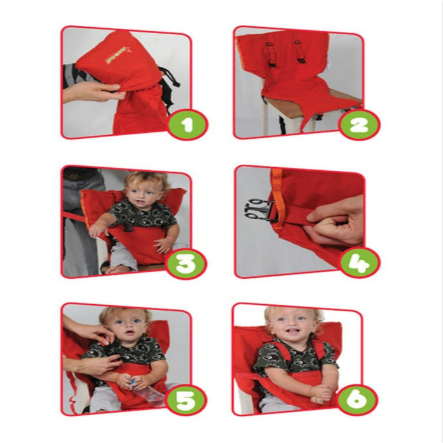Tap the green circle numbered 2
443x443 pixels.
(x=360, y=125)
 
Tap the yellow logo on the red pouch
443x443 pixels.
(x=110, y=57)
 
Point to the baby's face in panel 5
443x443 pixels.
(x=125, y=326)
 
